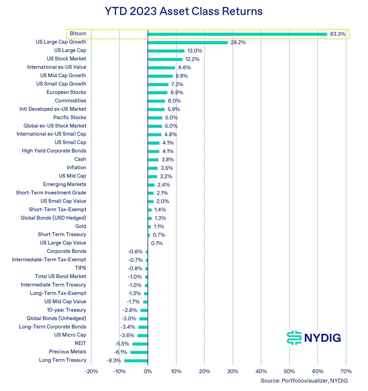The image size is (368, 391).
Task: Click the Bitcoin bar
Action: pyautogui.click(x=237, y=34)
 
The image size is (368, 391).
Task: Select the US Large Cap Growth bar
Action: pyautogui.click(x=188, y=42)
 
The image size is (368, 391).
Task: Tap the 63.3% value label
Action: pyautogui.click(x=337, y=34)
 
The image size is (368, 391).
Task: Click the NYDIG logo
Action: pyautogui.click(x=314, y=337)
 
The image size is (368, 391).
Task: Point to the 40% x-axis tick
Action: pyautogui.click(x=261, y=371)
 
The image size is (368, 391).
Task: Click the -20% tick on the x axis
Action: pyautogui.click(x=91, y=371)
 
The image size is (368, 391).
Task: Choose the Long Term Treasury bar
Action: pyautogui.click(x=136, y=360)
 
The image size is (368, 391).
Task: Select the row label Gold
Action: pyautogui.click(x=80, y=226)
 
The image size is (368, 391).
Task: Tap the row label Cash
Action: pyautogui.click(x=80, y=159)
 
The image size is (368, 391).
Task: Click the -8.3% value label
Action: pyautogui.click(x=114, y=360)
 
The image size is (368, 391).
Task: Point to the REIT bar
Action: pyautogui.click(x=140, y=344)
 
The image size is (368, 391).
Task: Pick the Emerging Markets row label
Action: pyautogui.click(x=64, y=184)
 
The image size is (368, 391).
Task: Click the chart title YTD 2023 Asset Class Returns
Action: pyautogui.click(x=184, y=11)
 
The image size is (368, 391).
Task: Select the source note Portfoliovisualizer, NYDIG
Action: pyautogui.click(x=304, y=381)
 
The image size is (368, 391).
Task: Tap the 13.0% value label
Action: pyautogui.click(x=194, y=51)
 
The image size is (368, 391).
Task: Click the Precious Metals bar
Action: pyautogui.click(x=139, y=352)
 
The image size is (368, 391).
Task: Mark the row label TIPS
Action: pyautogui.click(x=80, y=268)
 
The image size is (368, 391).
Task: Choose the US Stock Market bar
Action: pyautogui.click(x=165, y=59)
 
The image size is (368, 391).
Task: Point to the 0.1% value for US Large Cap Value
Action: pyautogui.click(x=157, y=243)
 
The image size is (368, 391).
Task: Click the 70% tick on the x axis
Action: pyautogui.click(x=346, y=371)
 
